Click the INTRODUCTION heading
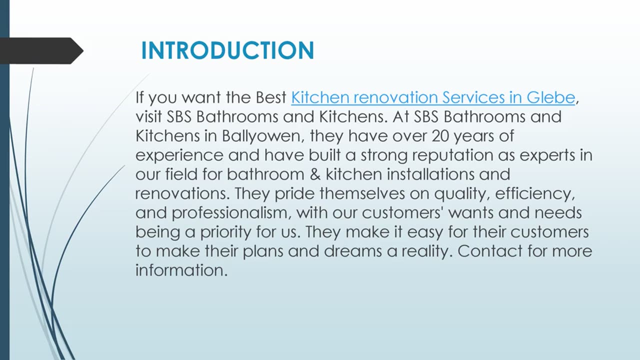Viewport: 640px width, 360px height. (x=227, y=50)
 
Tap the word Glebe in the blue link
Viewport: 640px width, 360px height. (x=550, y=97)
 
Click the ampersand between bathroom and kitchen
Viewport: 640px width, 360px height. (x=315, y=174)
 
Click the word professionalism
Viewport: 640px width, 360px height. (x=229, y=213)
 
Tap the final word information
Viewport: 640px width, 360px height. (x=181, y=270)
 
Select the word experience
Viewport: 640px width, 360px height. (x=179, y=155)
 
